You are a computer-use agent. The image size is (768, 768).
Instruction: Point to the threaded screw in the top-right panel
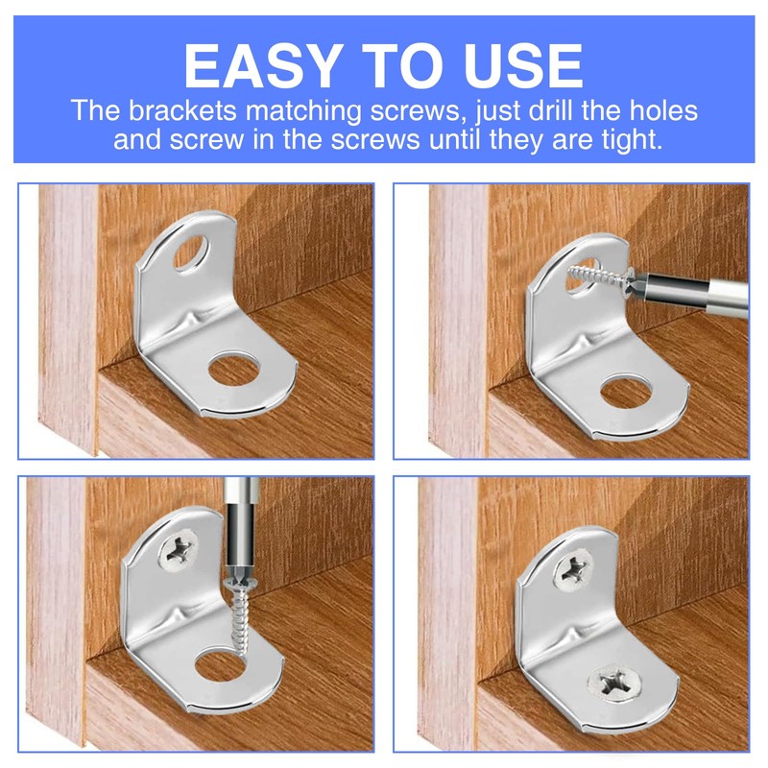pos(593,275)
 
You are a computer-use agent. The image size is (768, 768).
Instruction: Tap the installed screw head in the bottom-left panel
pos(179,550)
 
